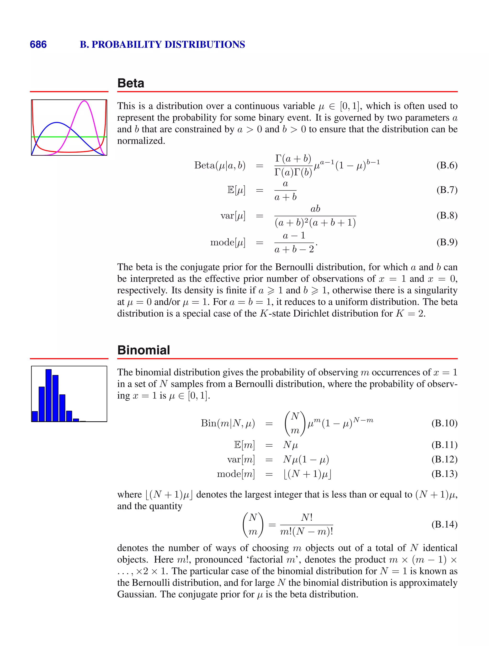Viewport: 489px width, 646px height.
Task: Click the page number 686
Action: (x=38, y=44)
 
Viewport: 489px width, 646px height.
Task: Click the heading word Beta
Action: (x=131, y=83)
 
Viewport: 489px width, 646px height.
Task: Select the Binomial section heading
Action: (x=144, y=350)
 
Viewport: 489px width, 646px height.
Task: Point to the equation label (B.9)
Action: (x=447, y=242)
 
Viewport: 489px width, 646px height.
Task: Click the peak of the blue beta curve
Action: (x=57, y=123)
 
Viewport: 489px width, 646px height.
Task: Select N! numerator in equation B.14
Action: (x=307, y=517)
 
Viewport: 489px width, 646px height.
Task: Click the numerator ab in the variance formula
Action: (x=315, y=209)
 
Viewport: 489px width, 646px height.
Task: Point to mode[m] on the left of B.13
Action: (x=236, y=473)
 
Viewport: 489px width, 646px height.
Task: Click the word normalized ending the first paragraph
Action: (x=141, y=141)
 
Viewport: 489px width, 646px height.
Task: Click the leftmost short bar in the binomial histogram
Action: (x=35, y=416)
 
